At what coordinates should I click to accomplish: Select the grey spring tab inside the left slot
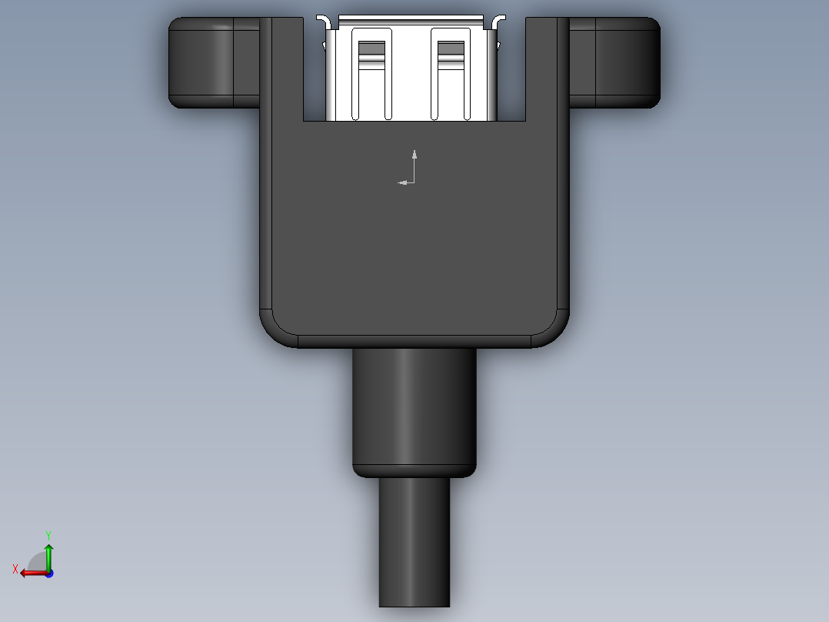point(372,51)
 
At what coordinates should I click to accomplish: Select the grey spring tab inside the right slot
point(451,51)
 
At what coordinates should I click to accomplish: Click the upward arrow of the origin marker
point(414,155)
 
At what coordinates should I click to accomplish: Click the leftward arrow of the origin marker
point(402,182)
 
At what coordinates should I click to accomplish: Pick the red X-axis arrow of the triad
point(31,573)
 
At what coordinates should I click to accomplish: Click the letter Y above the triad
point(48,534)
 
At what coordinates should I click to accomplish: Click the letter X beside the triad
point(15,569)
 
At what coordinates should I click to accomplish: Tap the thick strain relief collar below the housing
point(414,412)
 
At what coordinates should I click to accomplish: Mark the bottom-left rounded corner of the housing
point(278,329)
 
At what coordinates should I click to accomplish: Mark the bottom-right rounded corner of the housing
point(551,329)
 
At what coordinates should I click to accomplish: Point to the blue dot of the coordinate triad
point(48,573)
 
